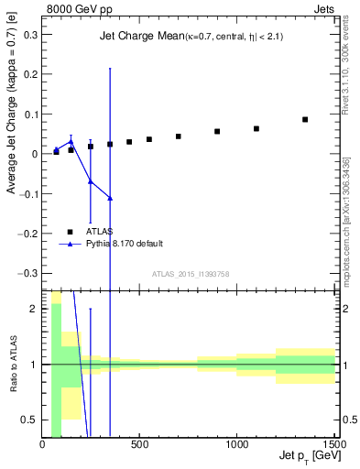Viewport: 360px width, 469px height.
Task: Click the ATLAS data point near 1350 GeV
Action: click(x=305, y=119)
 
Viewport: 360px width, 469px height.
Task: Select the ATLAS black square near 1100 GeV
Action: click(x=256, y=129)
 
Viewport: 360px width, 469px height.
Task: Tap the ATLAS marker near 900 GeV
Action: click(x=217, y=132)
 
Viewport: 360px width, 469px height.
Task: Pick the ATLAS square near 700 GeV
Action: click(x=179, y=136)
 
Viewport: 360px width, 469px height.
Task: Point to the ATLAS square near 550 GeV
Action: click(x=149, y=139)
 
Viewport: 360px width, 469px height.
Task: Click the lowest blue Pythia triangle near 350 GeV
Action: click(x=110, y=198)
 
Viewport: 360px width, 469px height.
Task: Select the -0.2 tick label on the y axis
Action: click(x=28, y=234)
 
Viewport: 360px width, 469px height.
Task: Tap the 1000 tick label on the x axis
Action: click(x=238, y=444)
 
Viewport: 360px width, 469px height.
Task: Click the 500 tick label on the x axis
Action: click(x=140, y=444)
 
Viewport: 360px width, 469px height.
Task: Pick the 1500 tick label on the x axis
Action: click(x=333, y=444)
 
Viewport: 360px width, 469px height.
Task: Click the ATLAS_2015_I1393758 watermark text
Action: click(x=190, y=274)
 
